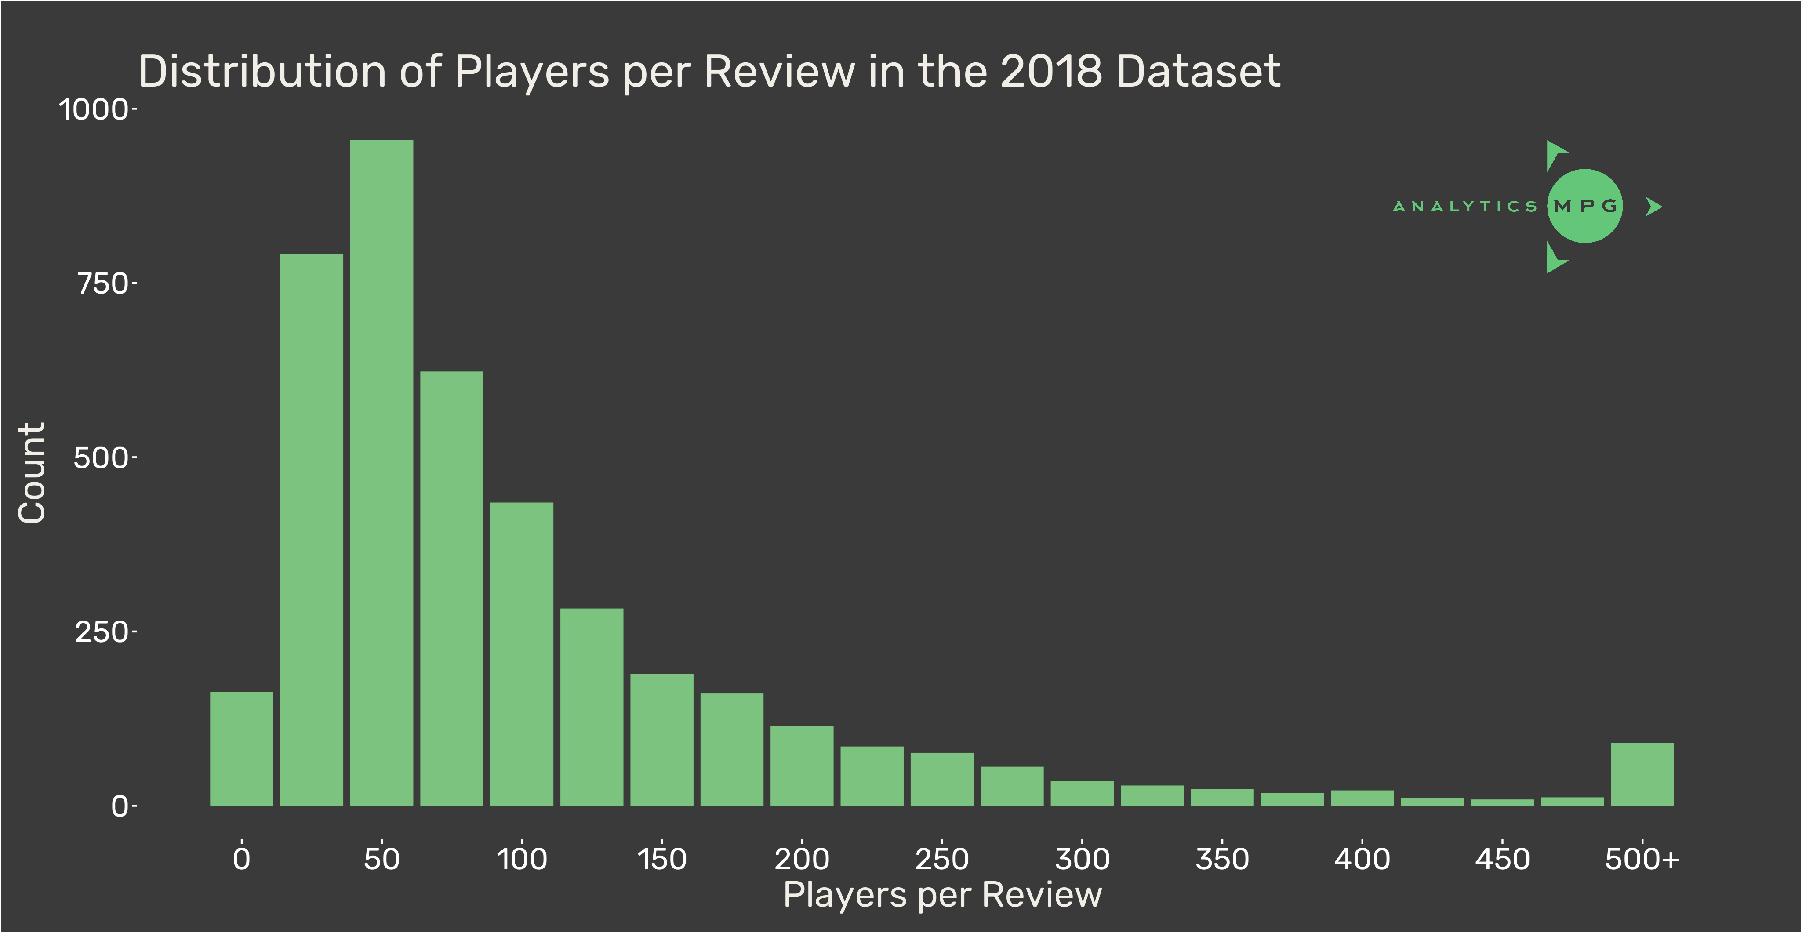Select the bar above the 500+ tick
tap(1642, 774)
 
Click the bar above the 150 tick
tap(661, 740)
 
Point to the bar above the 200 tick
tap(802, 766)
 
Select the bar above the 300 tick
tap(1082, 793)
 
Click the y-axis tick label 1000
tap(93, 110)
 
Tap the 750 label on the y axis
tap(102, 284)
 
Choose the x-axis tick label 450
tap(1502, 859)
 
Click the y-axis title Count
tap(32, 473)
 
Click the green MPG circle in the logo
tap(1584, 206)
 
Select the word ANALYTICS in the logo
tap(1465, 206)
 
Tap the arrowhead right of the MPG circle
tap(1654, 206)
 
